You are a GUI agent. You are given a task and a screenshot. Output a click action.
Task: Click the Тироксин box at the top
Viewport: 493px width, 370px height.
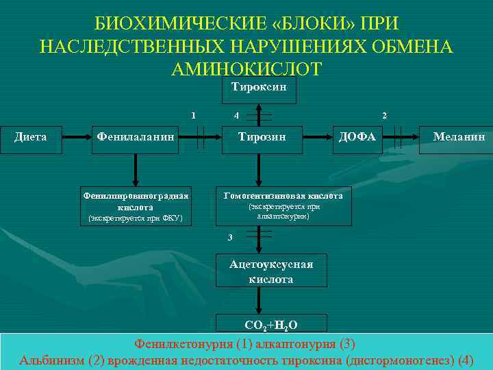click(258, 89)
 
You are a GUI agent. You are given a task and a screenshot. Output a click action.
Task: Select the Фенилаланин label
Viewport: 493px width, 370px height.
click(135, 137)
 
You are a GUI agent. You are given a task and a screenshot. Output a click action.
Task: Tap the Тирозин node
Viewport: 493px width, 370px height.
click(261, 137)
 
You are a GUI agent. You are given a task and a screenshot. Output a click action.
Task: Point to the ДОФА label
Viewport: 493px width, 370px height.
click(357, 137)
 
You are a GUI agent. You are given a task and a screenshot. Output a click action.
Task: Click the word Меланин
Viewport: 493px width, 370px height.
click(459, 137)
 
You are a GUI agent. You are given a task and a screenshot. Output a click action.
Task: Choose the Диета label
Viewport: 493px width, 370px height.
click(31, 137)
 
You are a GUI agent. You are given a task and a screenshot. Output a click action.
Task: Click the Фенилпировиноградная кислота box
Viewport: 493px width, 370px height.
click(135, 203)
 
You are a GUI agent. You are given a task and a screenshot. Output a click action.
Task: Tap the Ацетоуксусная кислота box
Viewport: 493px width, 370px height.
click(271, 271)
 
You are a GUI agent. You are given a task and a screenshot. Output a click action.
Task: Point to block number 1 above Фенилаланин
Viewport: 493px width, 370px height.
click(194, 114)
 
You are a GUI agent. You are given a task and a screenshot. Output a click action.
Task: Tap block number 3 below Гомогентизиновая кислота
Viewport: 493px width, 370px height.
click(230, 237)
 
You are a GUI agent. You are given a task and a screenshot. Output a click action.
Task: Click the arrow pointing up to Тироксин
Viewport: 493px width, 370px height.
click(258, 112)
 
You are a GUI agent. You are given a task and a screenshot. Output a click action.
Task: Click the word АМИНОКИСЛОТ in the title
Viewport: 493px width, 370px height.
click(246, 69)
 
